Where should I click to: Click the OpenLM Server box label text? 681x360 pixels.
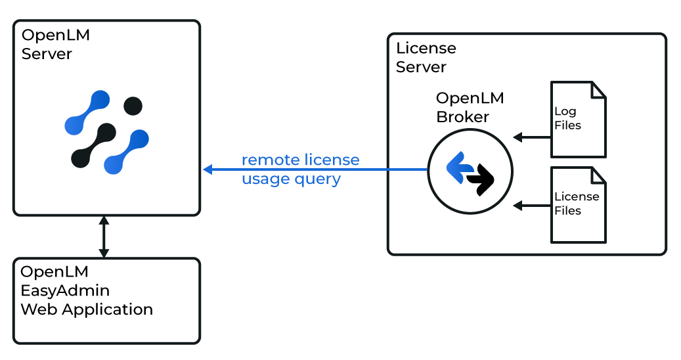(56, 45)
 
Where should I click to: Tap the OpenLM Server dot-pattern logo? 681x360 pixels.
(106, 132)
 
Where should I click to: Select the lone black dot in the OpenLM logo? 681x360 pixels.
(133, 105)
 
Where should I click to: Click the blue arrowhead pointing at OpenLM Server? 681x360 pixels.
(208, 169)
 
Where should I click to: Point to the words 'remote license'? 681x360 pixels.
(300, 160)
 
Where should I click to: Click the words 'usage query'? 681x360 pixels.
(291, 179)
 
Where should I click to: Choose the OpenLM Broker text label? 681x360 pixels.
(470, 108)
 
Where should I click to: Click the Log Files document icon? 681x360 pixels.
(577, 120)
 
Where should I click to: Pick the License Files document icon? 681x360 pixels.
(577, 204)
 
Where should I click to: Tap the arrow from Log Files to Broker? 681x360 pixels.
(531, 137)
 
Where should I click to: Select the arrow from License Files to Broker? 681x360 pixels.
(531, 206)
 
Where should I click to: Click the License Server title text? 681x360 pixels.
(426, 58)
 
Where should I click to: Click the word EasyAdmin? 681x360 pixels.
(65, 290)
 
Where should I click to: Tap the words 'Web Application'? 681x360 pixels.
(87, 309)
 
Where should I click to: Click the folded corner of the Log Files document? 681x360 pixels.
(598, 89)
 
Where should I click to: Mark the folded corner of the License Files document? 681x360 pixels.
(598, 175)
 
